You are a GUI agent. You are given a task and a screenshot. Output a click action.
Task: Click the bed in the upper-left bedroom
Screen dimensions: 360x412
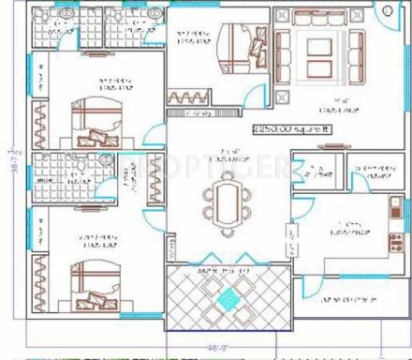pyautogui.click(x=97, y=120)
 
